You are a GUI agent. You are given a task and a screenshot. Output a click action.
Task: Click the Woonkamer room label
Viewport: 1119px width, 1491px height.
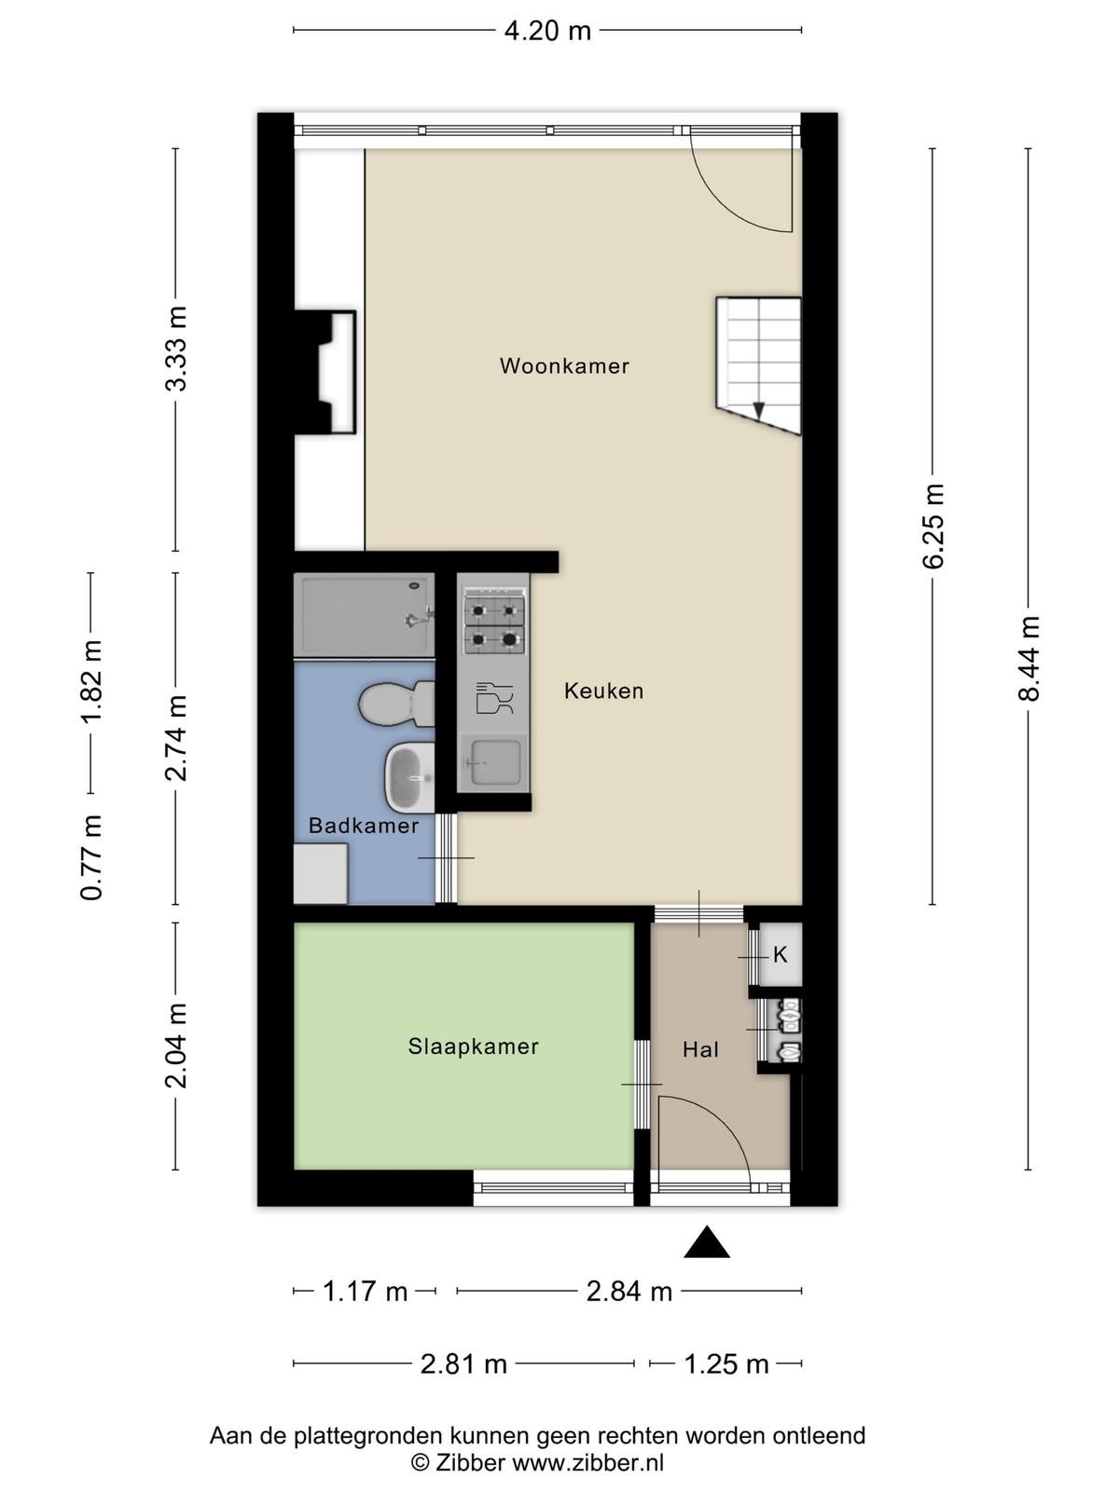564,366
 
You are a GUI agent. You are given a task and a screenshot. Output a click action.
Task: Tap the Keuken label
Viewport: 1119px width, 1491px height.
603,691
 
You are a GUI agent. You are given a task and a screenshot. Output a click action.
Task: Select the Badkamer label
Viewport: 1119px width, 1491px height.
364,826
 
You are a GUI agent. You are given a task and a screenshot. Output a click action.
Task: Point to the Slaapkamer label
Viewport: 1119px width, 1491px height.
473,1046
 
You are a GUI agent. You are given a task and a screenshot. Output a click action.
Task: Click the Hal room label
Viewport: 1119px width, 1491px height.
700,1050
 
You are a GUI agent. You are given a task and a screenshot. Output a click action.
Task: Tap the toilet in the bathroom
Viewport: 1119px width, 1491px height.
396,703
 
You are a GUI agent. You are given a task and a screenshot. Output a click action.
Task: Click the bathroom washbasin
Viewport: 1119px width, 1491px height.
409,778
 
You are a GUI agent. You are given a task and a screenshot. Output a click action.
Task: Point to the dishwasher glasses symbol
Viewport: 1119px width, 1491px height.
494,698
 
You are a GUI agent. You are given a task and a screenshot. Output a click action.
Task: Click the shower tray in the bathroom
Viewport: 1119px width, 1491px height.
365,615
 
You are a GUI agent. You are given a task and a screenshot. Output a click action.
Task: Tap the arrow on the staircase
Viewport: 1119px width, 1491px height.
759,410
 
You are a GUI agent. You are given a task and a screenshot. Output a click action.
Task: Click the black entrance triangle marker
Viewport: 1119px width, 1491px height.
707,1241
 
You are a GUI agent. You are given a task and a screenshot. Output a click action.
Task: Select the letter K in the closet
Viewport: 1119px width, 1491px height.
780,955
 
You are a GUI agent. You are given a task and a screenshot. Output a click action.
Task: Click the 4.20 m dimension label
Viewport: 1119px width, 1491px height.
547,31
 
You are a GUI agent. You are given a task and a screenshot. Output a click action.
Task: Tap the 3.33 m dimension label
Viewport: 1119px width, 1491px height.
176,349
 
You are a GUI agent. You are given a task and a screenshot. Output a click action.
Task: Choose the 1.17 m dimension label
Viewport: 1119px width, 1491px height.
365,1292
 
